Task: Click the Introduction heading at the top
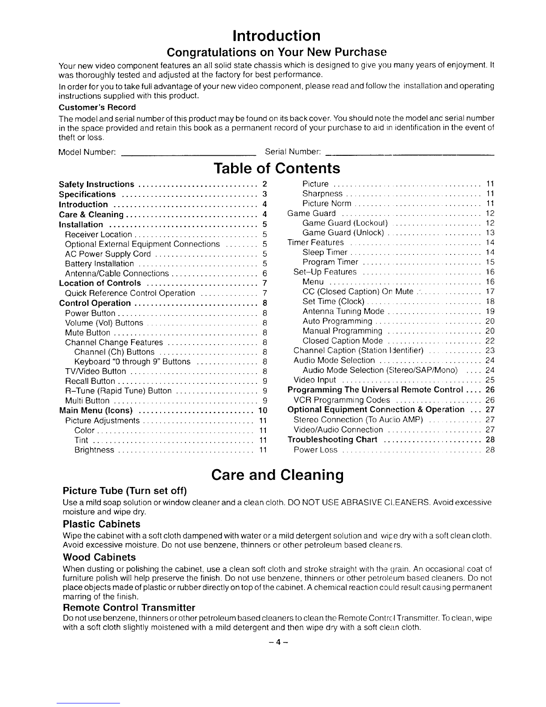[277, 35]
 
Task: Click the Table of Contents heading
[277, 168]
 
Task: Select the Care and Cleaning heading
[277, 474]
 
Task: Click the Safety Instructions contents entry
[96, 185]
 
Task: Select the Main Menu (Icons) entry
[96, 411]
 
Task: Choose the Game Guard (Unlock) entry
[343, 233]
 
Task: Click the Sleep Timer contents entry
[324, 253]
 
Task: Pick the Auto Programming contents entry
[337, 321]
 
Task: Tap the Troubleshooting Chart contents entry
[332, 440]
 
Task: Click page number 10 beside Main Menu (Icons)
[263, 411]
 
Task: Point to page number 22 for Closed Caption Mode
[490, 341]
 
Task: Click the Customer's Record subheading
[97, 108]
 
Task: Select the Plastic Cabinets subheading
[102, 524]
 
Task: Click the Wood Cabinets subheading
[99, 557]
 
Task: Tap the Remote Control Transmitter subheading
[129, 608]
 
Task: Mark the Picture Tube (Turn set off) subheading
[124, 491]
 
